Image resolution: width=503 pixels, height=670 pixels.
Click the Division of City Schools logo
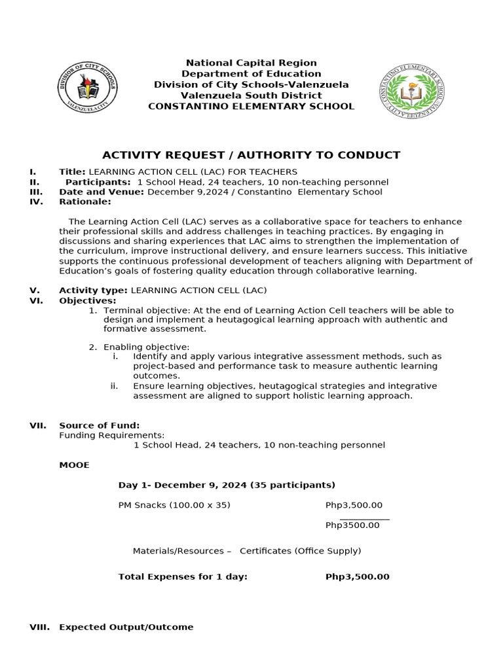88,88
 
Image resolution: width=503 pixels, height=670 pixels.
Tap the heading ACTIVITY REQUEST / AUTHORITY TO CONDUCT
251,155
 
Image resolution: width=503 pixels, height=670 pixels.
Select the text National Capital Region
251,63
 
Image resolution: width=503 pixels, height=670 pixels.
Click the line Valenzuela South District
251,95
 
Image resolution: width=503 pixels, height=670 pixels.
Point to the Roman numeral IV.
36,202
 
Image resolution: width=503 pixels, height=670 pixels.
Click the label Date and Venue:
102,192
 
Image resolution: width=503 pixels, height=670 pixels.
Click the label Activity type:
94,290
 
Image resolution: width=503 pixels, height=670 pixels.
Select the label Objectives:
87,300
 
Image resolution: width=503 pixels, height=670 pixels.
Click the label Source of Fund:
99,425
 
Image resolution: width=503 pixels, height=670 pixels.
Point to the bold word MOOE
74,465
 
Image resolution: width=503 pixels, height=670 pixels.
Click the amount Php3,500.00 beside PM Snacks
354,505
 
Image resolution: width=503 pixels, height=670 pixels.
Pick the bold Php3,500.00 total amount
357,576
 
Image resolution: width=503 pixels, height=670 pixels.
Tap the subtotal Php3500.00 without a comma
352,525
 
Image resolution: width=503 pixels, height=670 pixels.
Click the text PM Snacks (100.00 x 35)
174,505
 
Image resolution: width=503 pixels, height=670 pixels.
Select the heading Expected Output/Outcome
126,627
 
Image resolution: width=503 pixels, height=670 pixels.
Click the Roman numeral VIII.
39,627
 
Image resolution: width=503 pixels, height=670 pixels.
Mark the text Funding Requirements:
112,435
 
